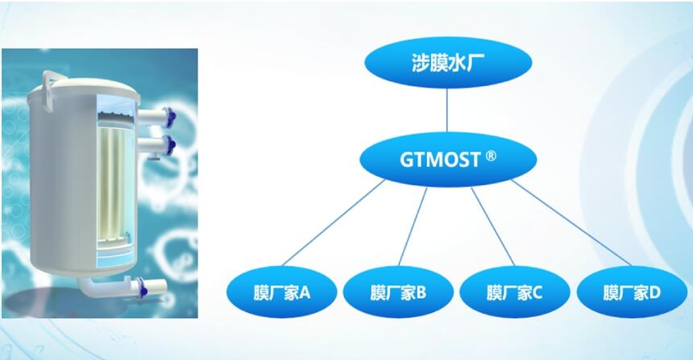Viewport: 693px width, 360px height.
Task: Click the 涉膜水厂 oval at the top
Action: tap(448, 62)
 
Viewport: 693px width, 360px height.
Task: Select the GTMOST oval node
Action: tap(448, 159)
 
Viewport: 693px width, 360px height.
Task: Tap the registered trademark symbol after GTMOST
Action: tap(491, 156)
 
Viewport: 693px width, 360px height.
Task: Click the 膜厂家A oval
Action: tap(282, 292)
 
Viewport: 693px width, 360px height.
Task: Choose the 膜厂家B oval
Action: tap(398, 292)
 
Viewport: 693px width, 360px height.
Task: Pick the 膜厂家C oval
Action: tap(514, 292)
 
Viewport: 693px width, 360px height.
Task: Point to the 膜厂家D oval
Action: tap(632, 292)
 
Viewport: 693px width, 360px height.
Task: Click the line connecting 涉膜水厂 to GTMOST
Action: tap(447, 110)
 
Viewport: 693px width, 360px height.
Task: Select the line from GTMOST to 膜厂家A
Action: tap(334, 222)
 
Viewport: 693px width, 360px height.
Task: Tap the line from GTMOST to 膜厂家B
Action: tap(413, 226)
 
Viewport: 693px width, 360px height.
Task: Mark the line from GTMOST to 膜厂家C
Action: tap(493, 226)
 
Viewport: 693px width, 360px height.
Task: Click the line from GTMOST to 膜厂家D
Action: tap(571, 222)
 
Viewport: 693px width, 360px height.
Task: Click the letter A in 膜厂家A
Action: tap(305, 292)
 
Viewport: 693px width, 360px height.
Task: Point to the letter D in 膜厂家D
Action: tap(654, 292)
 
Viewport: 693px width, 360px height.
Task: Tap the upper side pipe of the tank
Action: tap(156, 118)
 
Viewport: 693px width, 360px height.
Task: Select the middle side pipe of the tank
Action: tap(156, 145)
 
